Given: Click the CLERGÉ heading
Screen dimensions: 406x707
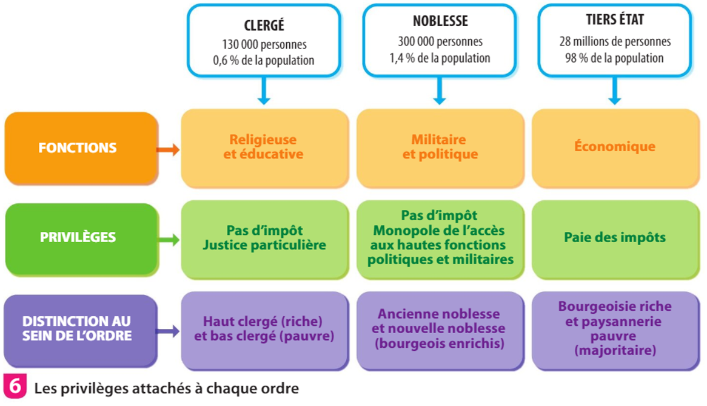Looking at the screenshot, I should tap(264, 26).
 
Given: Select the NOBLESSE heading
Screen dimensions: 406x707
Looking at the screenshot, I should tap(440, 21).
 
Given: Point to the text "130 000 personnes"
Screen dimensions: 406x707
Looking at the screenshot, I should tap(264, 45).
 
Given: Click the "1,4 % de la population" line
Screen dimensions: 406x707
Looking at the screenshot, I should tap(440, 58).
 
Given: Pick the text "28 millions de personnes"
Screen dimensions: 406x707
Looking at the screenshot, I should tap(615, 42).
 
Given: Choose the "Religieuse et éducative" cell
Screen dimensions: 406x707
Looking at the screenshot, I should tap(264, 147).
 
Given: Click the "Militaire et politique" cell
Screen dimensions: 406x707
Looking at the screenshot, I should tap(440, 147).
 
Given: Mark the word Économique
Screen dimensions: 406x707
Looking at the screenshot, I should tap(615, 147).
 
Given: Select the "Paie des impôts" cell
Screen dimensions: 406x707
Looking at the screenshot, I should tap(615, 237).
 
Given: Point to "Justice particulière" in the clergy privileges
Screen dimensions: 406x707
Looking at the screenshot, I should tap(264, 245).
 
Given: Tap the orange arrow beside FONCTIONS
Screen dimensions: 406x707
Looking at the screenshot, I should tap(168, 149).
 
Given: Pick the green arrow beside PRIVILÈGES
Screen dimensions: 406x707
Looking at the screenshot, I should tap(168, 240).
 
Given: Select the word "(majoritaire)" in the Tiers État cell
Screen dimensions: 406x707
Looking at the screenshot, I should tap(615, 351).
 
